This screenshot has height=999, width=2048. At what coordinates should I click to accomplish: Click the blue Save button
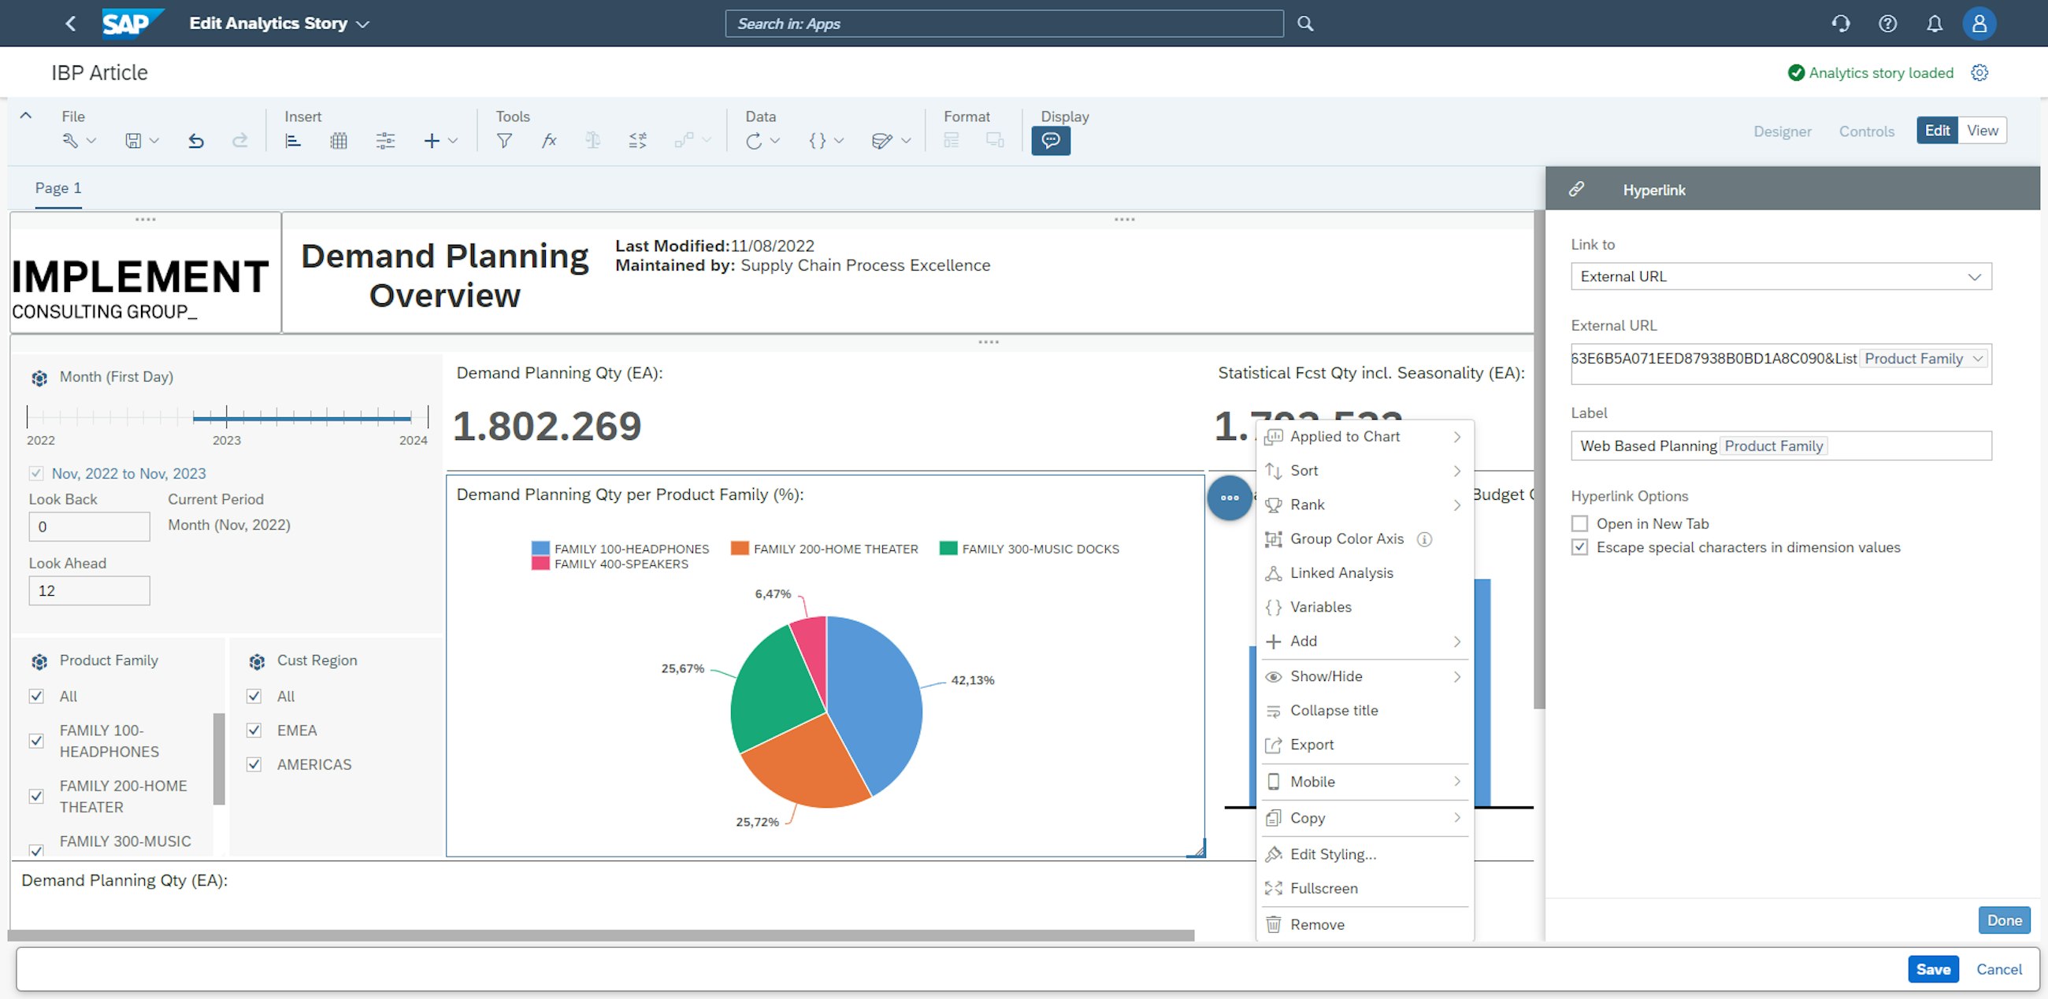click(x=1932, y=969)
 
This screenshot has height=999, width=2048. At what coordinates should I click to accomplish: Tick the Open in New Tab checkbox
click(x=1580, y=524)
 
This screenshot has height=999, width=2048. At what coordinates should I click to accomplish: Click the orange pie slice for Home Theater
click(x=803, y=767)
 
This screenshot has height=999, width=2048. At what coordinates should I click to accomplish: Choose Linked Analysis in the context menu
click(x=1341, y=573)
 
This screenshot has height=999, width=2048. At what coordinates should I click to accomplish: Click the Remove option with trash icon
click(x=1316, y=924)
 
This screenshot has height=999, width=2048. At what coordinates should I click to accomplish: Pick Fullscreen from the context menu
click(x=1323, y=889)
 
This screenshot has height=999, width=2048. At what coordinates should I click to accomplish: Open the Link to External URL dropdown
click(x=1780, y=276)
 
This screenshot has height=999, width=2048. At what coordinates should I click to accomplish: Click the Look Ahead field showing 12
click(x=89, y=590)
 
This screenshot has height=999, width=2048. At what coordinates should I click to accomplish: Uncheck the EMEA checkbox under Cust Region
click(x=254, y=731)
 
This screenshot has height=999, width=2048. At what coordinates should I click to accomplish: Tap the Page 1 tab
click(x=58, y=188)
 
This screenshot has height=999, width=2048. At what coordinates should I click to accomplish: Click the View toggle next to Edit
click(x=1982, y=131)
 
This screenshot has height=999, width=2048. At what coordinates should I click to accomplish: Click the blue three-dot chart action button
click(x=1229, y=498)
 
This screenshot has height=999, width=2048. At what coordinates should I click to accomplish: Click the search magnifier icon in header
click(x=1305, y=24)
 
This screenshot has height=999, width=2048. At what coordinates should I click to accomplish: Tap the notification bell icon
click(x=1935, y=24)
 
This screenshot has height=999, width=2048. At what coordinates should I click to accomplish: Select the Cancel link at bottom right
click(x=1998, y=969)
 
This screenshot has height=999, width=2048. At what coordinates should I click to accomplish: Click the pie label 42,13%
click(x=972, y=680)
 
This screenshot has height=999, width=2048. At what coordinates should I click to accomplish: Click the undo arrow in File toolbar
click(x=196, y=141)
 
